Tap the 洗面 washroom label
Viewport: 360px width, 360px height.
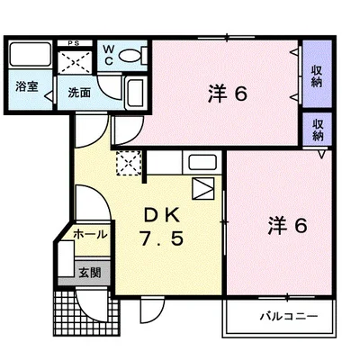tap(78, 91)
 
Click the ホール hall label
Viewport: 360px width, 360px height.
tap(89, 233)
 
